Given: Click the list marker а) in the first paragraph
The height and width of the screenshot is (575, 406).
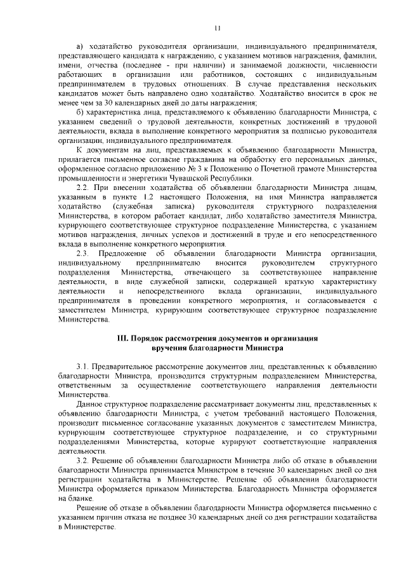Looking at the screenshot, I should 79,47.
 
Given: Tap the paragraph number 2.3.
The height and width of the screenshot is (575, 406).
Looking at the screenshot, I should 82,254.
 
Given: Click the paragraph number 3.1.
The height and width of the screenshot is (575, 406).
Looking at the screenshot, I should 82,367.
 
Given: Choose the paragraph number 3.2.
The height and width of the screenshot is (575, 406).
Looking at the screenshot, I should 82,459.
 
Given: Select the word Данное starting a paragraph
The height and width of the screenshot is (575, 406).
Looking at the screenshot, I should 88,403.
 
